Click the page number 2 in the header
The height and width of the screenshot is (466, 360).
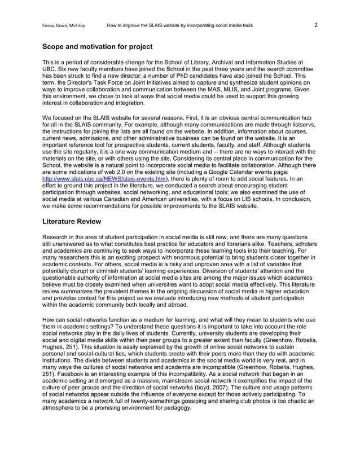316,25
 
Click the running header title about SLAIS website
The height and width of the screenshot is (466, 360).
180,25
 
